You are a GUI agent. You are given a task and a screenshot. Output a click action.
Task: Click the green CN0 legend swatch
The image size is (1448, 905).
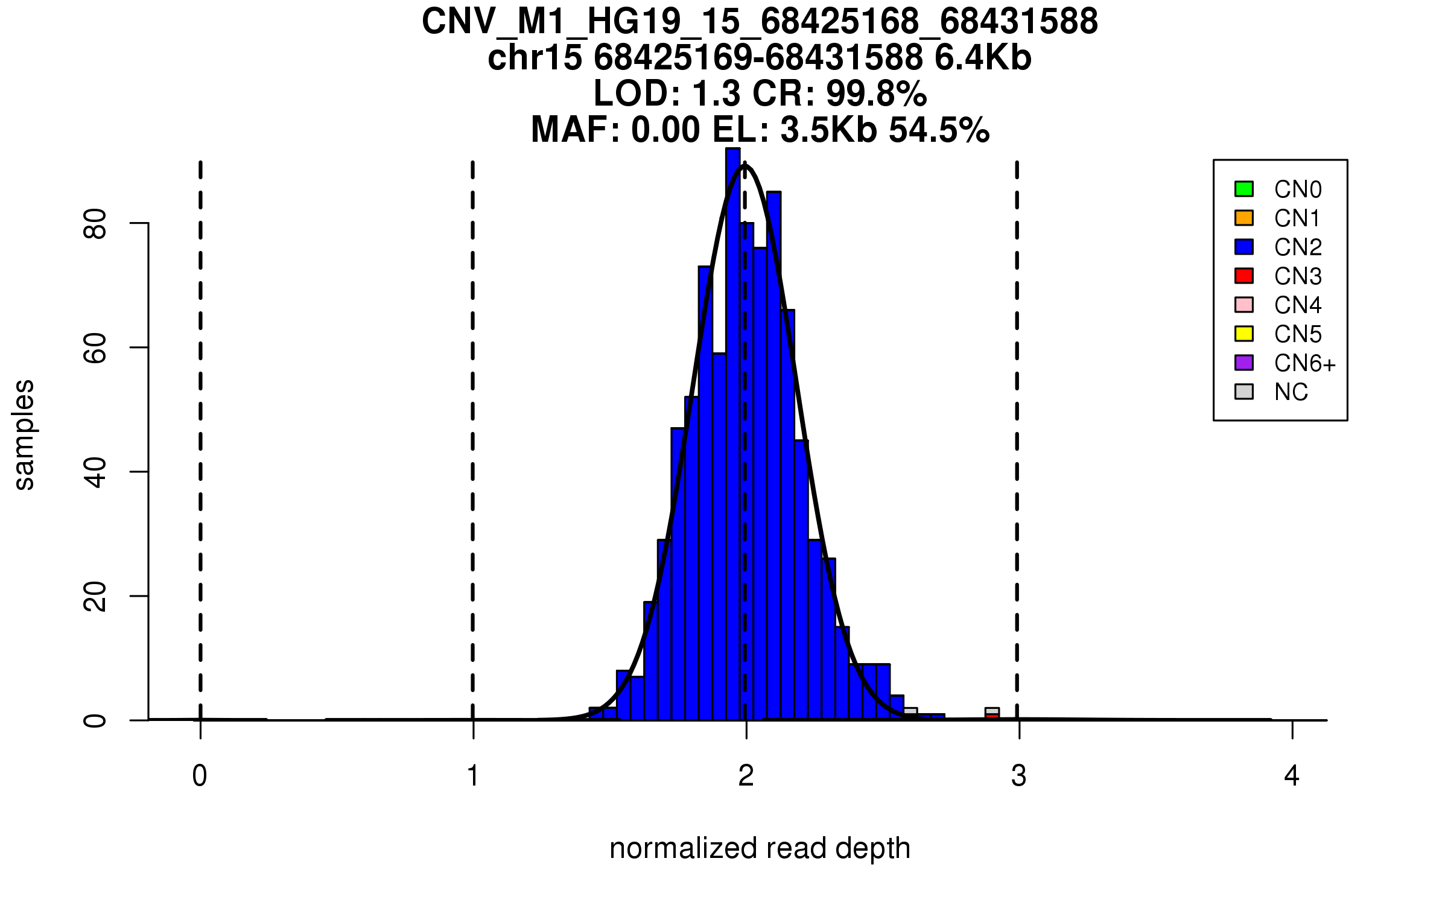pyautogui.click(x=1244, y=189)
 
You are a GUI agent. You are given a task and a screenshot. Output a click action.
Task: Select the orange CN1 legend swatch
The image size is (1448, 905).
pyautogui.click(x=1244, y=218)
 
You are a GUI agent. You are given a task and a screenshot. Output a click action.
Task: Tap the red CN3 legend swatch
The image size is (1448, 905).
pyautogui.click(x=1244, y=276)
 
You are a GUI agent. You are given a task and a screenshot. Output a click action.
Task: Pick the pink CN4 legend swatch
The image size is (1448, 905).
pyautogui.click(x=1244, y=305)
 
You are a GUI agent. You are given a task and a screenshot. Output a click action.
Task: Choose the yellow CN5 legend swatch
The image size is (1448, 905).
pyautogui.click(x=1244, y=334)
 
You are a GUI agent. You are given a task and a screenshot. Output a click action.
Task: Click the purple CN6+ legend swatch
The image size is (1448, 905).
pyautogui.click(x=1244, y=363)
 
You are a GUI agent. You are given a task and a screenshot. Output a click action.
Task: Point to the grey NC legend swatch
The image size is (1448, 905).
pyautogui.click(x=1244, y=392)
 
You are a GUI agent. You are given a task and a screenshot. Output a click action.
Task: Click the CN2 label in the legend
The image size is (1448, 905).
pyautogui.click(x=1298, y=247)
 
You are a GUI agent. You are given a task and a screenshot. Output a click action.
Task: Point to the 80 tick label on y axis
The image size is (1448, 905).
pyautogui.click(x=95, y=224)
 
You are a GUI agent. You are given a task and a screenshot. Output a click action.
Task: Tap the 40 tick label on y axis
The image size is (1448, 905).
pyautogui.click(x=95, y=472)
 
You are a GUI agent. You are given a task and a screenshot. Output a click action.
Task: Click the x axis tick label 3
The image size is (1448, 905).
pyautogui.click(x=1019, y=776)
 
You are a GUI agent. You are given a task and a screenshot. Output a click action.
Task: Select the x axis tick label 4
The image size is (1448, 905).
pyautogui.click(x=1292, y=776)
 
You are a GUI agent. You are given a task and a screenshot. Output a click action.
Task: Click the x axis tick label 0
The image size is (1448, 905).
pyautogui.click(x=200, y=776)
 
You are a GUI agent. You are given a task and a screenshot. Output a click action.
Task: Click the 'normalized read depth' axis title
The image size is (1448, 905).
pyautogui.click(x=760, y=848)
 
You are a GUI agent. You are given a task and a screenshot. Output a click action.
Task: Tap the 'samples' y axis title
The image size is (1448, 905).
pyautogui.click(x=24, y=434)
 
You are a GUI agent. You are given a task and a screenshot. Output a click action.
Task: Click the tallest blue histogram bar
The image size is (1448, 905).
pyautogui.click(x=733, y=422)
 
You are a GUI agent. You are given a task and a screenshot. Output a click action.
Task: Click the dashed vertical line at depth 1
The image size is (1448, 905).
pyautogui.click(x=473, y=422)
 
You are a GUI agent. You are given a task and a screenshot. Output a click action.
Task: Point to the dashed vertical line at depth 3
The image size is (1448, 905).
pyautogui.click(x=1017, y=422)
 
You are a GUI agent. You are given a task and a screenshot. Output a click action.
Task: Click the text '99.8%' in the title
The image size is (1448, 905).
pyautogui.click(x=876, y=94)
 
